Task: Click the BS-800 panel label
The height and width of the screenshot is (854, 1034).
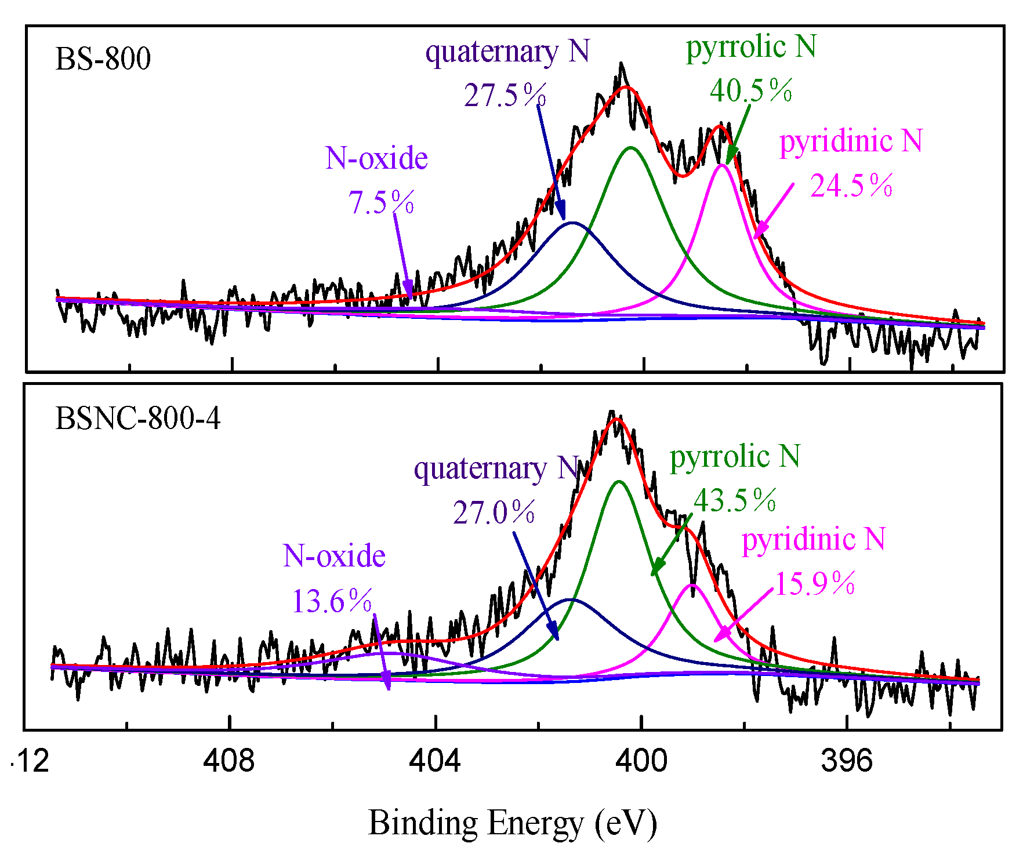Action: [x=103, y=59]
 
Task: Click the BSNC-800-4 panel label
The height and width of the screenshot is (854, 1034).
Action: [x=137, y=419]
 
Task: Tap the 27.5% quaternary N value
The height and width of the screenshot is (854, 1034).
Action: [x=505, y=95]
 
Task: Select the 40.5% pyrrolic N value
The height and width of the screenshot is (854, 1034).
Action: [x=751, y=90]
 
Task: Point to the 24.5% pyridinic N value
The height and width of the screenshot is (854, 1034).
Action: [x=851, y=186]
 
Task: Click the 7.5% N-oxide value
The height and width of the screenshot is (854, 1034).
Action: [x=381, y=202]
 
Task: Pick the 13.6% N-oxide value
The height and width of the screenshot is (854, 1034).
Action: [x=332, y=601]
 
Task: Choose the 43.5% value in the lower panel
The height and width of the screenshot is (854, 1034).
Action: [x=735, y=500]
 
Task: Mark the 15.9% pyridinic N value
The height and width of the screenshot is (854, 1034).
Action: [x=815, y=583]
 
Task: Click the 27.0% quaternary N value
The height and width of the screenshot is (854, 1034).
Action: [x=494, y=513]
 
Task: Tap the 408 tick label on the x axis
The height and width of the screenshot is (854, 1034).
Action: [x=229, y=761]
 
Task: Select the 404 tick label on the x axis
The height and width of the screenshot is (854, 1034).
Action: [x=435, y=761]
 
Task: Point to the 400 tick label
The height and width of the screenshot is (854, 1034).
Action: [x=641, y=761]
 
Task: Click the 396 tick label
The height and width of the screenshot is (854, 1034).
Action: [x=847, y=761]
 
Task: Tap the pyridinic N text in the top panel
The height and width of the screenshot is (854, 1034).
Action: [x=851, y=141]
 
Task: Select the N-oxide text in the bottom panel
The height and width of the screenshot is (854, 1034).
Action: [x=334, y=556]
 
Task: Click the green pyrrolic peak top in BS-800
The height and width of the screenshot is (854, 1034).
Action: [x=631, y=148]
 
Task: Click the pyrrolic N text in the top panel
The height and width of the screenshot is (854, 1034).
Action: [x=751, y=46]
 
